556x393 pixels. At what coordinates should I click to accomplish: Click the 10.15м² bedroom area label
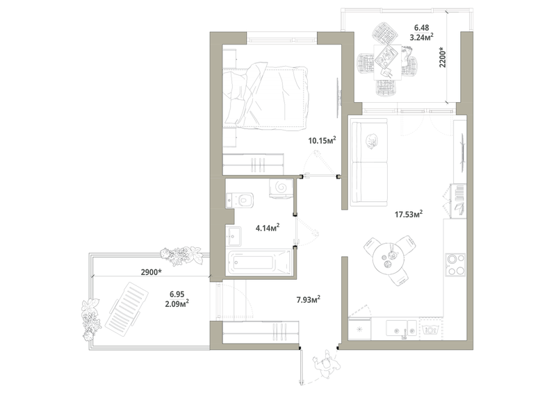pos(322,140)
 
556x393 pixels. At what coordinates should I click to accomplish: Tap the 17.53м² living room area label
pos(409,214)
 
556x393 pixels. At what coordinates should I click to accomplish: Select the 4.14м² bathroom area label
pos(268,228)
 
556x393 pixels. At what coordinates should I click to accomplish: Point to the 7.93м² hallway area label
pos(309,300)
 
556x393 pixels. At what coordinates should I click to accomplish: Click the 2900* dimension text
pos(152,272)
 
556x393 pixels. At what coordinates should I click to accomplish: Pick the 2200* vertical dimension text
pos(443,58)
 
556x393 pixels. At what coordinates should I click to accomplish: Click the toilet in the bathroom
pos(240,200)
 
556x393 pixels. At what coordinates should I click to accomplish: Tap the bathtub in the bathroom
pos(259,263)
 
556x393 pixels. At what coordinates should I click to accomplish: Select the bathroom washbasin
pos(234,236)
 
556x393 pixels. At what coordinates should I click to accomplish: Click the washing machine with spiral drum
pos(281,187)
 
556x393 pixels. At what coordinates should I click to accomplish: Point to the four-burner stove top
pos(455,265)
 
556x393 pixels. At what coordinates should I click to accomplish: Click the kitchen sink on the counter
pos(401,328)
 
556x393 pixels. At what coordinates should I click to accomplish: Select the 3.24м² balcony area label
pos(422,37)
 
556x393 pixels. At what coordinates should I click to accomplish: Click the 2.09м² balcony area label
pos(177,303)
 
